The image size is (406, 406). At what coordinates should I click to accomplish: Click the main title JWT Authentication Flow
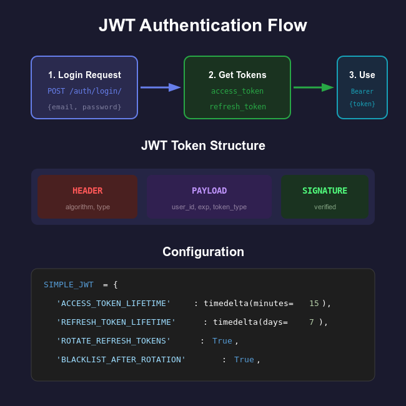tap(203, 26)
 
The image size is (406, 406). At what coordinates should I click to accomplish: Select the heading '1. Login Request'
tap(84, 75)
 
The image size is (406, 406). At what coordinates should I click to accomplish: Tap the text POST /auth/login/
tap(84, 91)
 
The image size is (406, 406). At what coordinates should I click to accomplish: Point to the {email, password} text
tap(84, 107)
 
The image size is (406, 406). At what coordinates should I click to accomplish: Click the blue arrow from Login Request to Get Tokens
tap(160, 87)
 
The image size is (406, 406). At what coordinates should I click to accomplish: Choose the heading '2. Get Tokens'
tap(237, 75)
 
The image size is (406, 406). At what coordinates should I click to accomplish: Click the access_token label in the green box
tap(237, 91)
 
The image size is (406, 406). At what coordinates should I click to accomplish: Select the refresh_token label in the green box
tap(237, 107)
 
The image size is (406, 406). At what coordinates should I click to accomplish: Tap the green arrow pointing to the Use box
tap(313, 87)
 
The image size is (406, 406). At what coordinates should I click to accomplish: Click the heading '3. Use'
tap(362, 75)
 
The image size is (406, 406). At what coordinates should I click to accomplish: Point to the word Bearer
tap(362, 91)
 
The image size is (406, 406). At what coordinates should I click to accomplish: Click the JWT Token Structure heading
tap(203, 146)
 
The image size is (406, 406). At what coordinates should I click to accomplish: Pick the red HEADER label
tap(87, 191)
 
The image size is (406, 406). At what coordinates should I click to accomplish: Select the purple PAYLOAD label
tap(209, 191)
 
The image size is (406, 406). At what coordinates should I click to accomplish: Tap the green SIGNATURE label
tap(325, 191)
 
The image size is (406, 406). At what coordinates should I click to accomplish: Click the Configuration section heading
tap(203, 252)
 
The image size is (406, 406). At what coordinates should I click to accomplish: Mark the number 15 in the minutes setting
tap(314, 304)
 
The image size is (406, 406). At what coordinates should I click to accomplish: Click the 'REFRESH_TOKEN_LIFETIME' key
tap(116, 322)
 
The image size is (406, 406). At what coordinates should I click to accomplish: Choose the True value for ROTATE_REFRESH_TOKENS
tap(222, 341)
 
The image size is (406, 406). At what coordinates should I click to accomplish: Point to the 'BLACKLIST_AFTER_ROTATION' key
tap(121, 360)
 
